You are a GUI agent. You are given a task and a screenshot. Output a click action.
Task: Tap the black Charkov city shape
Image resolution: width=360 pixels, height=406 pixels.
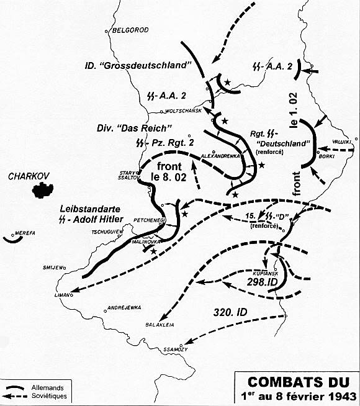tap(42, 189)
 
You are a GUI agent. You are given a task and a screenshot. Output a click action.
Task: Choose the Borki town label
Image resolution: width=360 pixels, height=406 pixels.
tap(327, 157)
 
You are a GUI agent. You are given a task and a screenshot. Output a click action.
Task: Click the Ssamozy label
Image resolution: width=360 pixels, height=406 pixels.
tap(192, 350)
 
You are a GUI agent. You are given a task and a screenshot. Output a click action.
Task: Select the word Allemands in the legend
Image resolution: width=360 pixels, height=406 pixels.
tap(52, 387)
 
